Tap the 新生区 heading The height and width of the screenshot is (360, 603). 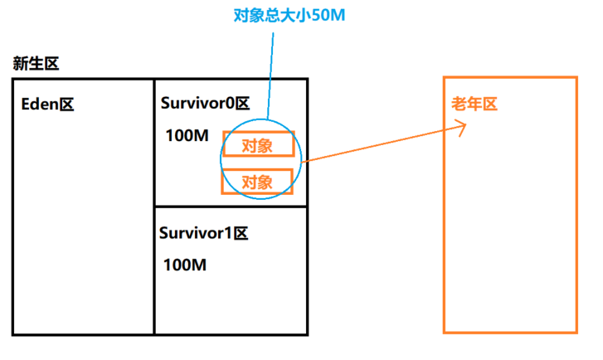coord(36,64)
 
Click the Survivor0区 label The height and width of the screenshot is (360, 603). coord(205,104)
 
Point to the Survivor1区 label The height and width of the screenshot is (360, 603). coord(203,233)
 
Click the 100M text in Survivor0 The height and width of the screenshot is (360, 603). coord(187,135)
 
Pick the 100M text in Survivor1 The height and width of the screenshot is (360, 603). coord(185,265)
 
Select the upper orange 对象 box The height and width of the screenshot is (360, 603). coord(258,145)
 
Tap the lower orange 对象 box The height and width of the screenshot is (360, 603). coord(257,181)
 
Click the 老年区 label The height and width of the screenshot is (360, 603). coord(474,105)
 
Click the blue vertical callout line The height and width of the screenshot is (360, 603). coord(269,75)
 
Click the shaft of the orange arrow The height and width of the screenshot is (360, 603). coord(382,143)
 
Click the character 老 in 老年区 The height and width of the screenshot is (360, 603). coord(459,105)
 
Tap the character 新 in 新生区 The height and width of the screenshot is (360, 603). coord(20,64)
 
